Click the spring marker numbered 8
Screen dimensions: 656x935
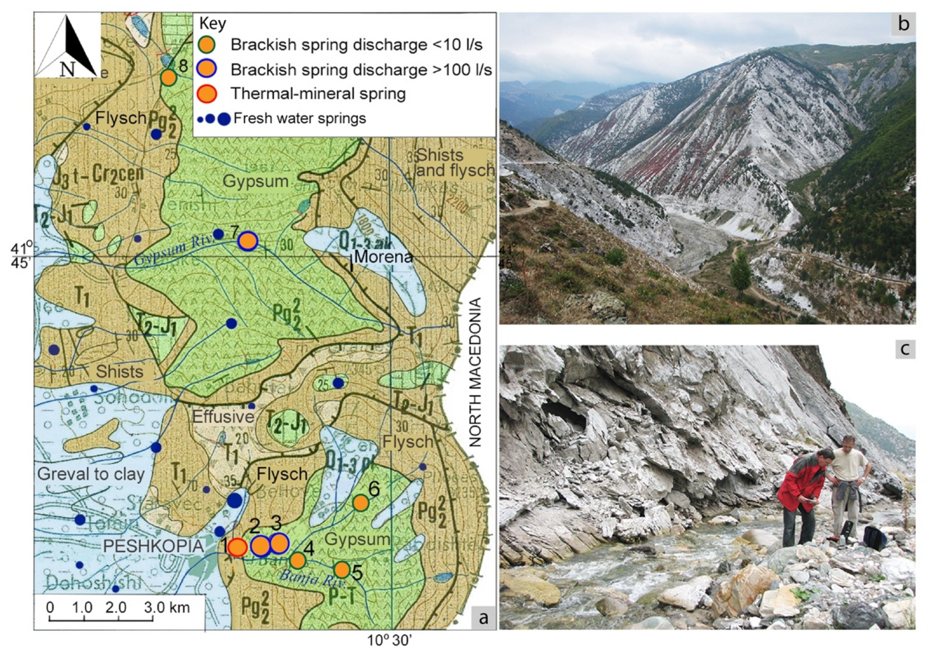pyautogui.click(x=168, y=77)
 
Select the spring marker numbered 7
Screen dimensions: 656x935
pyautogui.click(x=248, y=241)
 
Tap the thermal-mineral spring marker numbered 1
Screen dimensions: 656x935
pyautogui.click(x=237, y=547)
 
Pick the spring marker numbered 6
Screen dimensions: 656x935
pyautogui.click(x=361, y=503)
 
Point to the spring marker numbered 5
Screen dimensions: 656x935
pyautogui.click(x=342, y=570)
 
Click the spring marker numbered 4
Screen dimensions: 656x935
pyautogui.click(x=298, y=560)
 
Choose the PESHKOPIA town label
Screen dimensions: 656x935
pyautogui.click(x=153, y=546)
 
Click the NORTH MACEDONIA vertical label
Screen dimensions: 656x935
pyautogui.click(x=475, y=372)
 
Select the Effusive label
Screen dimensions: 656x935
pyautogui.click(x=223, y=416)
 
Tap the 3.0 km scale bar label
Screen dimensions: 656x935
pyautogui.click(x=167, y=607)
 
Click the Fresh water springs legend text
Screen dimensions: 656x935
pyautogui.click(x=300, y=119)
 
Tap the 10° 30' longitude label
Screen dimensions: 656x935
pyautogui.click(x=390, y=641)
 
